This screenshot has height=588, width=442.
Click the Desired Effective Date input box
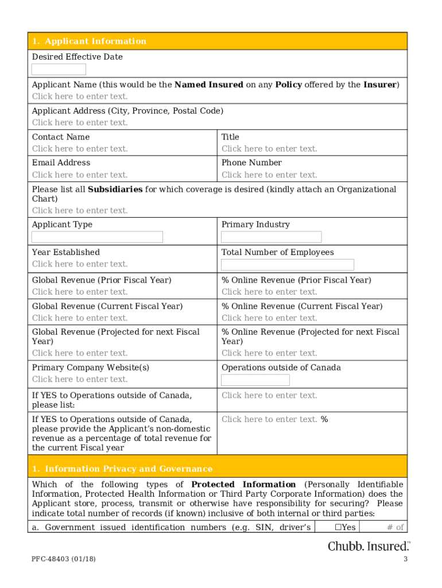tap(59, 69)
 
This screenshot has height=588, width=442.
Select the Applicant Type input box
tap(97, 237)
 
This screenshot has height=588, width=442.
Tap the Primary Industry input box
tap(271, 237)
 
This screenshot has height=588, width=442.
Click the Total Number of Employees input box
tap(287, 265)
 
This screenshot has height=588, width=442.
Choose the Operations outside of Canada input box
tap(255, 380)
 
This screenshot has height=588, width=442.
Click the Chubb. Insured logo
tap(369, 546)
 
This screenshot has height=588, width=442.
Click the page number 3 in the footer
tap(405, 560)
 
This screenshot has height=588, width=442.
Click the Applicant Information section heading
tap(89, 41)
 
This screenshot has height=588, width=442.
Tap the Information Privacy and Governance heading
tap(122, 469)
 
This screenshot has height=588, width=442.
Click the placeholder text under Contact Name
tap(80, 149)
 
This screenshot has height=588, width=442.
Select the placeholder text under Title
tap(269, 149)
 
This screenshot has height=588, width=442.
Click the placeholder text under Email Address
tap(80, 175)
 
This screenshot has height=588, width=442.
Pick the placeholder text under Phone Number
tap(269, 175)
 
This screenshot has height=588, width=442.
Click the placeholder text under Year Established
tap(80, 264)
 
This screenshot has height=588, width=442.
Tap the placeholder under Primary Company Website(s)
tap(80, 379)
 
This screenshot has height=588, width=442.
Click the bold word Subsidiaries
tap(115, 189)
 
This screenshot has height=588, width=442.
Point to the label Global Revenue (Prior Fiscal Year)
tap(102, 280)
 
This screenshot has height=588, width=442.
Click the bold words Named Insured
tap(208, 85)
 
